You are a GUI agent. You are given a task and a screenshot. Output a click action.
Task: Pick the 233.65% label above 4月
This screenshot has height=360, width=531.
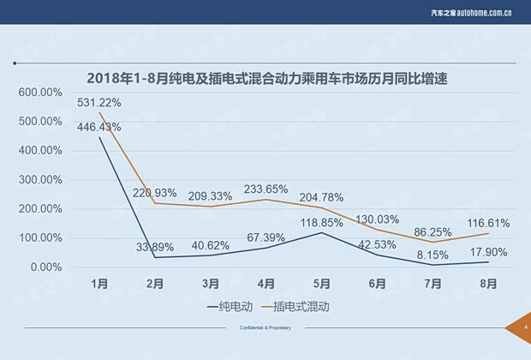pyautogui.click(x=265, y=189)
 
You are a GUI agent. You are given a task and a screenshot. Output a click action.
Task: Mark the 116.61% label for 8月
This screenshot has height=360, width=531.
pyautogui.click(x=487, y=223)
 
